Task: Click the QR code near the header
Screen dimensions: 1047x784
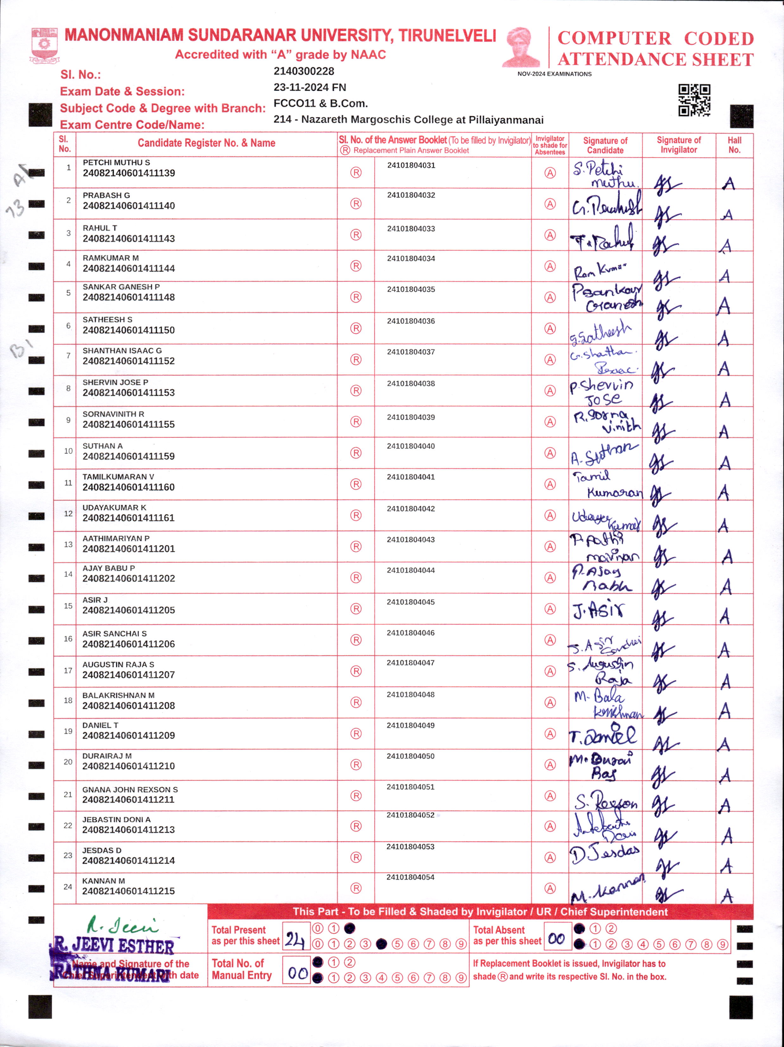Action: pyautogui.click(x=694, y=100)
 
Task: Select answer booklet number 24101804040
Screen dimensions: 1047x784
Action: pyautogui.click(x=410, y=446)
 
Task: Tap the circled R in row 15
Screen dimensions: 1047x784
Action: pyautogui.click(x=356, y=609)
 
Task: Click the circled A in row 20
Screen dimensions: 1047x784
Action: pyautogui.click(x=550, y=764)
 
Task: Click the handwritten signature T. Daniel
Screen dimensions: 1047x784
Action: pyautogui.click(x=603, y=735)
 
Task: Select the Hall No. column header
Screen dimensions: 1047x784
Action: pyautogui.click(x=734, y=145)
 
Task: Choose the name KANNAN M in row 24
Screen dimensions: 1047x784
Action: pyautogui.click(x=104, y=881)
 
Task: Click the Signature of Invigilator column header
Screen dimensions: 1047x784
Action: pyautogui.click(x=679, y=145)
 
